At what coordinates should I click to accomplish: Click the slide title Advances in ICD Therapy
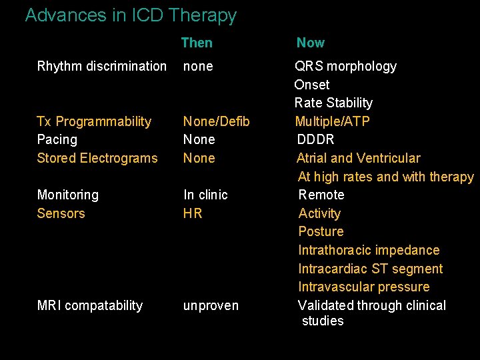coord(131,15)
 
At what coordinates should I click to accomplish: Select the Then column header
coord(197,43)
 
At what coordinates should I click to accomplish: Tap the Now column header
coord(310,43)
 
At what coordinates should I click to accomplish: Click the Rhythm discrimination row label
coord(102,66)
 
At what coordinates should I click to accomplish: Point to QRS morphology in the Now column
coord(345,66)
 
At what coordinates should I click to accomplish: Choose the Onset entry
coord(312,85)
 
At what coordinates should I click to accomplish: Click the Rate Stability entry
coord(333,103)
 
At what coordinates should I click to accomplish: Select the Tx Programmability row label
coord(94,121)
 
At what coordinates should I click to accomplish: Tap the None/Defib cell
coord(217,121)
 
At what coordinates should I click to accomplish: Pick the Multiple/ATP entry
coord(332,121)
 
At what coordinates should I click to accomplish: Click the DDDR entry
coord(315,139)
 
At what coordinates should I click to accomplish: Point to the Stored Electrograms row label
coord(97,158)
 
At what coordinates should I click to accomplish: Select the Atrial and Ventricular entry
coord(358,158)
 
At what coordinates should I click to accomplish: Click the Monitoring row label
coord(68,195)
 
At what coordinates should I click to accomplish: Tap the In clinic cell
coord(205,195)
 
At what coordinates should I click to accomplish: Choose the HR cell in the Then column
coord(193,213)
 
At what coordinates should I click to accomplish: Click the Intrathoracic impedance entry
coord(369,250)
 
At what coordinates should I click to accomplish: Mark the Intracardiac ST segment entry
coord(370,269)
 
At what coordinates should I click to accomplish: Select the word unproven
coord(211,305)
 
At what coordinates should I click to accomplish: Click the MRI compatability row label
coord(90,305)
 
